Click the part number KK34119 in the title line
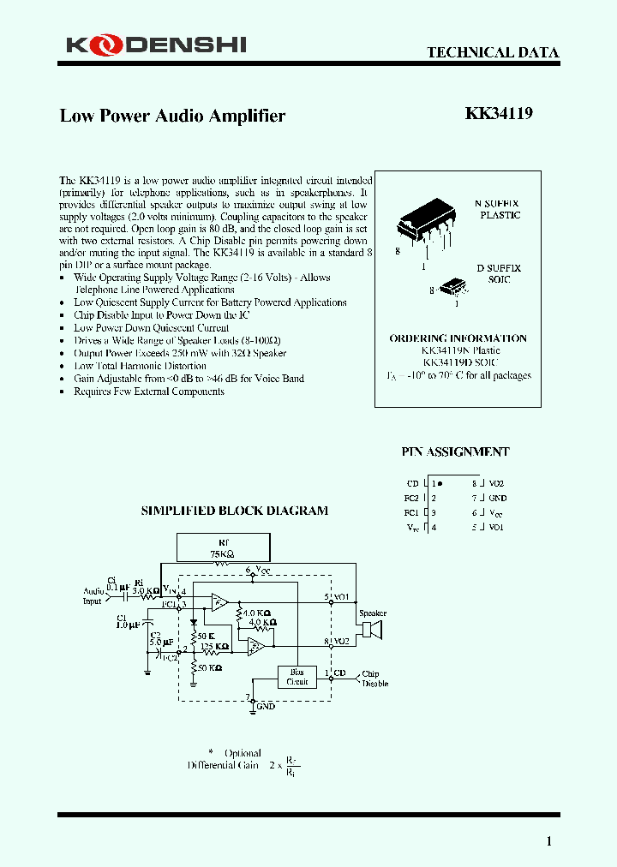499,114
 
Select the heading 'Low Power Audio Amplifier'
172,116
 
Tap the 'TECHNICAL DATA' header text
493,53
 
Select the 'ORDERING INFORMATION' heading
458,338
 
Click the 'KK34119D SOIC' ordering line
460,362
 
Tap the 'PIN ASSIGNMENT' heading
455,451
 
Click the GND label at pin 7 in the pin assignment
497,498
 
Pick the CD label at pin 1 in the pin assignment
412,484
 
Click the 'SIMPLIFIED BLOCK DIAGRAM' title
234,511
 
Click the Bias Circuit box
297,677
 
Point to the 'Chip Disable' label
375,678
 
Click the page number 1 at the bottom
549,840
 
